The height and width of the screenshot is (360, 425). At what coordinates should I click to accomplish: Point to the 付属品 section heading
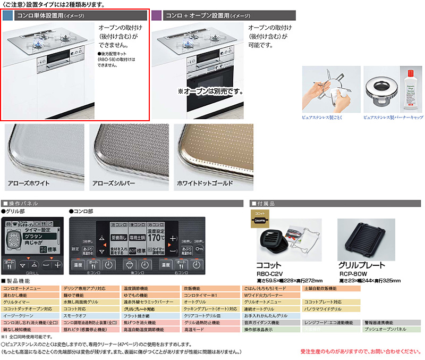[266, 203]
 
